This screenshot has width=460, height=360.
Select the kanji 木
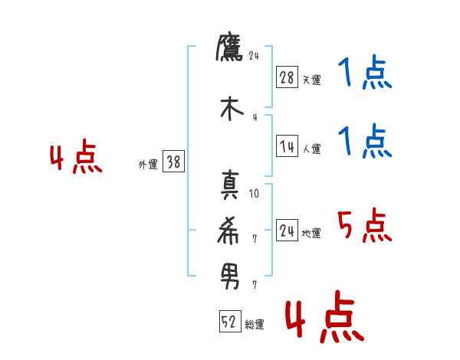coord(229,109)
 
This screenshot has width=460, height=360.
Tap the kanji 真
coord(229,186)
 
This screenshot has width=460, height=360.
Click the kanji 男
coord(229,276)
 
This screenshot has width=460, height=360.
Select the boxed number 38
coord(172,162)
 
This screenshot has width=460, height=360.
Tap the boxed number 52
coord(229,322)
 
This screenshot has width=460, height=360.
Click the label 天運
coord(311,79)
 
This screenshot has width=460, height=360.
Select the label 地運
coord(311,233)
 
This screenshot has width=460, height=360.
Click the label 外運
coord(148,164)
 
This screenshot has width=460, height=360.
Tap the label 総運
coord(254,325)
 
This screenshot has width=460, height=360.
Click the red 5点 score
coord(364,226)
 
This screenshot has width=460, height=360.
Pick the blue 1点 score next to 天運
coord(364,74)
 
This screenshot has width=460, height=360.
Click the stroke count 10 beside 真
coord(255,194)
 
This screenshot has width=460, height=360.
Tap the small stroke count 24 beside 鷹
coord(255,55)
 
